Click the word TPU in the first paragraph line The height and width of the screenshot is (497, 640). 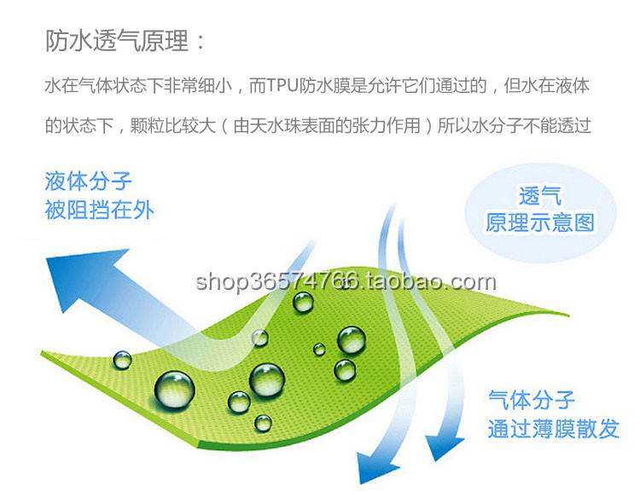[x=282, y=86]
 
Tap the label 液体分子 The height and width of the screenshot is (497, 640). [x=89, y=181]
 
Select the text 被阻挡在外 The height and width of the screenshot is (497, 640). [x=99, y=210]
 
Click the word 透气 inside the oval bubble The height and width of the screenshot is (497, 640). [x=540, y=195]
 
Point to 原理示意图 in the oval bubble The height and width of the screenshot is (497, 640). [x=540, y=223]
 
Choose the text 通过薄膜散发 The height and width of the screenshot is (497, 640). [x=553, y=428]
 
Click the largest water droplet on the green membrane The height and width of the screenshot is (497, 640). [x=174, y=389]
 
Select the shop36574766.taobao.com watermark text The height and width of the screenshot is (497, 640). [x=345, y=281]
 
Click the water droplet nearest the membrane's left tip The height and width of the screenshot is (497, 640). [x=123, y=360]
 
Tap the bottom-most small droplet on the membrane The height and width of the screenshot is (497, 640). [x=264, y=422]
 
